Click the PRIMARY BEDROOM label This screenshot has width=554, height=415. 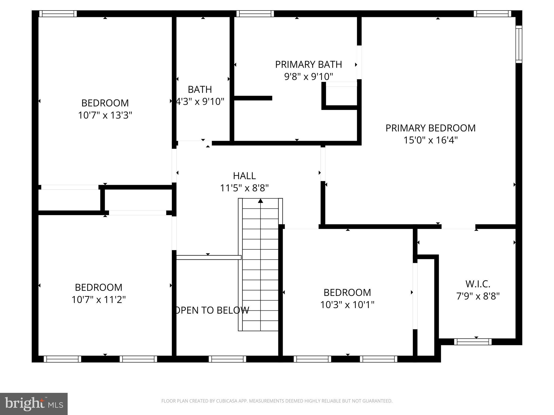[430, 128]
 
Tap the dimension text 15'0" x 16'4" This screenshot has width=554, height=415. [430, 140]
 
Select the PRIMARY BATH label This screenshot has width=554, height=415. [308, 65]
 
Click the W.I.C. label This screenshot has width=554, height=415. [478, 284]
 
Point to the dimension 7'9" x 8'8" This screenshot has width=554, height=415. [478, 296]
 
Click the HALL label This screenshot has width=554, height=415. [244, 176]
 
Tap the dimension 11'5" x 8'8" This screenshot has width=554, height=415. [244, 188]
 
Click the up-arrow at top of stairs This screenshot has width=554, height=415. [260, 201]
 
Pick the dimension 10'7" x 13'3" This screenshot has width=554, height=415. [105, 115]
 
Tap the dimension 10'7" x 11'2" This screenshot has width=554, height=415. [98, 300]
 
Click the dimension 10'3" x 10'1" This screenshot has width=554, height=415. [347, 305]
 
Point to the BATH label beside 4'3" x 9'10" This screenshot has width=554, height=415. [200, 89]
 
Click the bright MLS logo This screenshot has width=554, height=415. [34, 404]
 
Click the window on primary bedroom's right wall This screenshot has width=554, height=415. [519, 44]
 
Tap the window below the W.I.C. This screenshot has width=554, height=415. [473, 342]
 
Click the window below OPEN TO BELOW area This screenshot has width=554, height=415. [227, 359]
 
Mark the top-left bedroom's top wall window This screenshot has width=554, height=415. [58, 14]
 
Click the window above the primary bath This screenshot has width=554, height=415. [255, 14]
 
